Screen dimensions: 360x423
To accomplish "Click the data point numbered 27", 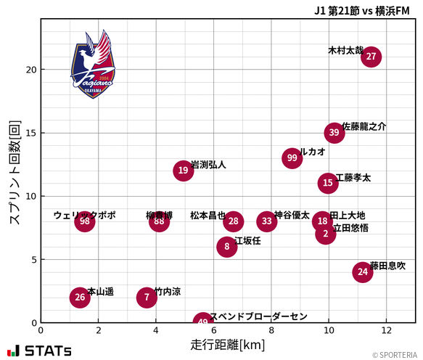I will [371, 57].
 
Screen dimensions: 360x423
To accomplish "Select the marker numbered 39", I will [334, 132].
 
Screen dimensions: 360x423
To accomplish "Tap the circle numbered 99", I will [292, 158].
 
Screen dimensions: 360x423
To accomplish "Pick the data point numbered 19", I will [183, 171].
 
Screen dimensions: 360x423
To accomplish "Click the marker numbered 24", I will [363, 272].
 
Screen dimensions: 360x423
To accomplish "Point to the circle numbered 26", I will [80, 297].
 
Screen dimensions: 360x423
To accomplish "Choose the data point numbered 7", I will [147, 297].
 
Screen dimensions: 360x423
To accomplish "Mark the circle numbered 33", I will [267, 221].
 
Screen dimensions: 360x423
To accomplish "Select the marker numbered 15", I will [328, 183].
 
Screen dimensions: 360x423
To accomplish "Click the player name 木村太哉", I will [345, 52].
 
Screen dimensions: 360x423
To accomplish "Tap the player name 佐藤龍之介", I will [364, 126].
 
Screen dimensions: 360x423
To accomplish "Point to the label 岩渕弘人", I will [208, 165].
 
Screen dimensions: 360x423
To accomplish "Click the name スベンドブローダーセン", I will [258, 316].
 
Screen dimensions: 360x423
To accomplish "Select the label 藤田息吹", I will [387, 266].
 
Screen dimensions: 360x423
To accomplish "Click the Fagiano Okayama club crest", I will [93, 64].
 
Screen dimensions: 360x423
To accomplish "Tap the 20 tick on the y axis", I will [30, 70].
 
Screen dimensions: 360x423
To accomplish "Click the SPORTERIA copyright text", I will [395, 355].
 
